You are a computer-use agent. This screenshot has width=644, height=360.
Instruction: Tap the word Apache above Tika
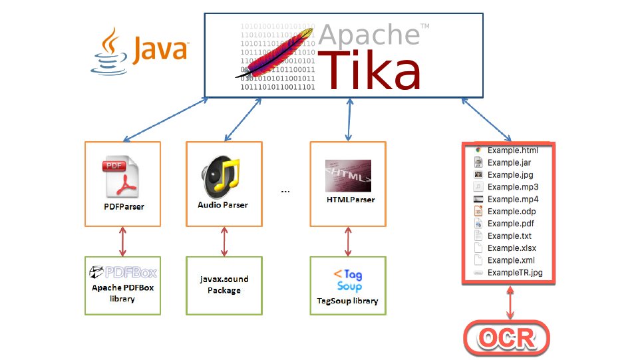[x=369, y=34]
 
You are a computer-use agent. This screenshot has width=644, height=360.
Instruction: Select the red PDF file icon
[x=122, y=176]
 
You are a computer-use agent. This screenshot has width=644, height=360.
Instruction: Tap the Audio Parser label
[x=223, y=205]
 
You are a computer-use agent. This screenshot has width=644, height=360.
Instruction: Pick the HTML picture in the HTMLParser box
[x=348, y=175]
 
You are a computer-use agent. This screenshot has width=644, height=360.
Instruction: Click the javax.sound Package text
[x=223, y=285]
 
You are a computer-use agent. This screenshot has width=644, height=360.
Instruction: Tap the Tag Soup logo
[x=348, y=280]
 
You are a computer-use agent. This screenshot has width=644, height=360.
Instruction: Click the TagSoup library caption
[x=348, y=301]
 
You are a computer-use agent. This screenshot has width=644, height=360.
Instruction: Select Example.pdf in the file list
[x=510, y=224]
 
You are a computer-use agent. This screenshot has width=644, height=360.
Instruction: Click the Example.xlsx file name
[x=512, y=248]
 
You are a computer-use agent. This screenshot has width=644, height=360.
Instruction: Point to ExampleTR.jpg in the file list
[x=514, y=273]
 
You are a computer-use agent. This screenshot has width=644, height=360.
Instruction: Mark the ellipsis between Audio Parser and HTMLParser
[x=285, y=192]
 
